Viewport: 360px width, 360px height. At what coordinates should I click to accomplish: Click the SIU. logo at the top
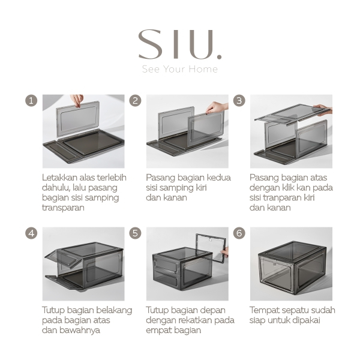[180, 44]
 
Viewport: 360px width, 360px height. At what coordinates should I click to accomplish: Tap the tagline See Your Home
[180, 69]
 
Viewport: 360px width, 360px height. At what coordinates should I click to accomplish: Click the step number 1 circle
[31, 101]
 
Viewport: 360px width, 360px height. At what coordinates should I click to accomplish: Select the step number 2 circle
[135, 101]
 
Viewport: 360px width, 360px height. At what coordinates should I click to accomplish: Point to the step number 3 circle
[239, 101]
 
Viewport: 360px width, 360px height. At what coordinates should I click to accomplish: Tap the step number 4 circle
[31, 233]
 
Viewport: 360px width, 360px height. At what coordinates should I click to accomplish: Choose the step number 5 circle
[135, 233]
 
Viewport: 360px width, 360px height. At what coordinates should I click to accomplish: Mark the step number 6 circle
[239, 233]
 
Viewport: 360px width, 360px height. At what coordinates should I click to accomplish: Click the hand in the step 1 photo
[77, 100]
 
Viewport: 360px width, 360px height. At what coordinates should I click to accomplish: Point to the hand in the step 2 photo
[217, 107]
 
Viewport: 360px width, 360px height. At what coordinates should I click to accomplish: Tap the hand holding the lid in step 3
[323, 109]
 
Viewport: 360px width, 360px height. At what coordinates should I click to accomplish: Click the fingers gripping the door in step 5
[225, 252]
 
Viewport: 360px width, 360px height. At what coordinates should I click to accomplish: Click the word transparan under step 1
[63, 208]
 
